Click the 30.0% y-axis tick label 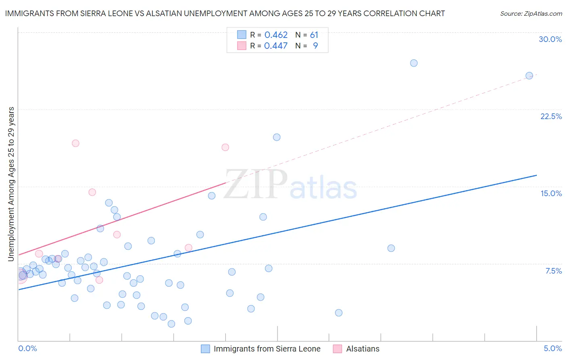coord(550,39)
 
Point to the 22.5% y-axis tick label coord(551,116)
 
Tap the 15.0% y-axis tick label coord(551,193)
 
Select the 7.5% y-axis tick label coord(553,271)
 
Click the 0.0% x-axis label coord(27,348)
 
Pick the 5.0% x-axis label coord(552,348)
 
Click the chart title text coord(225,13)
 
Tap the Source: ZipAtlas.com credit coord(531,14)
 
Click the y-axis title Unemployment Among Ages coord(11,184)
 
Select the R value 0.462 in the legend coord(276,35)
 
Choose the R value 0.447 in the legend coord(276,46)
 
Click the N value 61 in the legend coord(314,35)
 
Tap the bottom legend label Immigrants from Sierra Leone coord(267,349)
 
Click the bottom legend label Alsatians coord(363,349)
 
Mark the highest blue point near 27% coord(414,63)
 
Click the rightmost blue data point coord(529,75)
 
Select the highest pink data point coord(75,143)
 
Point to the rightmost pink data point coord(225,147)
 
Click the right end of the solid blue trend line coord(536,175)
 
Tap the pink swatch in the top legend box coord(242,46)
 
